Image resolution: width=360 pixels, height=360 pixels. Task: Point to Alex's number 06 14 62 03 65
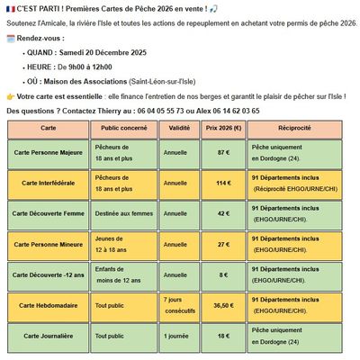pyautogui.click(x=235, y=110)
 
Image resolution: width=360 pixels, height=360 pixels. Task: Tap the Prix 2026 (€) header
pyautogui.click(x=223, y=128)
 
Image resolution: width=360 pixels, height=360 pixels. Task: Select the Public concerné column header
pyautogui.click(x=123, y=128)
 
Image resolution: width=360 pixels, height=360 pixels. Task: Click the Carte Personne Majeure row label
pyautogui.click(x=49, y=153)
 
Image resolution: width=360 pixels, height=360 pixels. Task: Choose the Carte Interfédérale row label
pyautogui.click(x=49, y=184)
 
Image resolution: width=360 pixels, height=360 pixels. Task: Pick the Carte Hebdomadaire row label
pyautogui.click(x=49, y=305)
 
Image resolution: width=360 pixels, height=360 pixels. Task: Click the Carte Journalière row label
pyautogui.click(x=49, y=335)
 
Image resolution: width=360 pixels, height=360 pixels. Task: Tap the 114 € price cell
pyautogui.click(x=223, y=184)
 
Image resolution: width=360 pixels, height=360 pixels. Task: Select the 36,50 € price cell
pyautogui.click(x=223, y=305)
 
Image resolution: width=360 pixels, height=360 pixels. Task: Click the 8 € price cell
pyautogui.click(x=223, y=275)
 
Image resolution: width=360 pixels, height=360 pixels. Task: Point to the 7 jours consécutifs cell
pyautogui.click(x=177, y=305)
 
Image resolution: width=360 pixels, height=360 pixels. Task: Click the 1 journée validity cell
pyautogui.click(x=177, y=335)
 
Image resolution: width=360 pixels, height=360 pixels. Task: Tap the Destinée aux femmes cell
pyautogui.click(x=123, y=214)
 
